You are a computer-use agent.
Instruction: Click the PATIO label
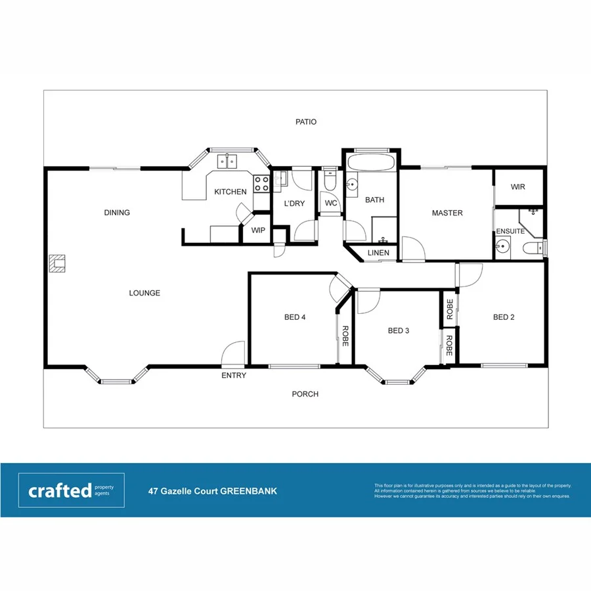click(305, 121)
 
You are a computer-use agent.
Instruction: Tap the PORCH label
click(305, 394)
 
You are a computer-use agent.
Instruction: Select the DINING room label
click(117, 212)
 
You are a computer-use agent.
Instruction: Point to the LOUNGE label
click(144, 293)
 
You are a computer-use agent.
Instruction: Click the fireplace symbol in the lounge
click(58, 263)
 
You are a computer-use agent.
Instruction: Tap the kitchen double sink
click(227, 160)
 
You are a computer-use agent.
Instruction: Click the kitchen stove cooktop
click(261, 183)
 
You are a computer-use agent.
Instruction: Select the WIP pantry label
click(257, 230)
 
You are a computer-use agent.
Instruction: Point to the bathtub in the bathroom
click(370, 163)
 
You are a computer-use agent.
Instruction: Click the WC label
click(330, 203)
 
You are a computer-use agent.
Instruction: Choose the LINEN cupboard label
click(378, 253)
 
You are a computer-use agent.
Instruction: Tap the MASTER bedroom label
click(447, 213)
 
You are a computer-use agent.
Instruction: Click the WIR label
click(518, 187)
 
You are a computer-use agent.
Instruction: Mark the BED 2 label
click(504, 317)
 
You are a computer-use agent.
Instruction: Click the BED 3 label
click(399, 330)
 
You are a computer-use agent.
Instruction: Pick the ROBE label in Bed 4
click(345, 336)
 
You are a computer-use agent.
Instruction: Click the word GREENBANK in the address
click(248, 491)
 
